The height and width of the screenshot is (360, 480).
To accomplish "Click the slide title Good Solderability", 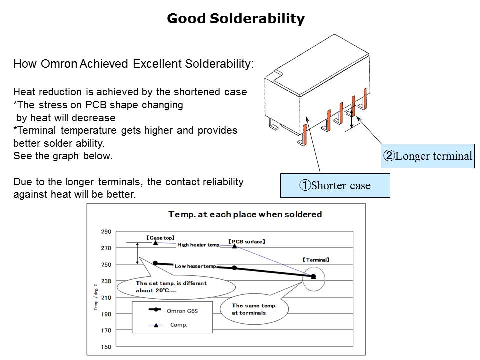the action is [x=236, y=19].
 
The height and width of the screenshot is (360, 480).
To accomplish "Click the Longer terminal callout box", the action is [x=427, y=156].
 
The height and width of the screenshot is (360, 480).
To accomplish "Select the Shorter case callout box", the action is [x=335, y=185].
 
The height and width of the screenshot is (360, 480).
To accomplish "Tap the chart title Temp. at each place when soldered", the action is [x=245, y=214].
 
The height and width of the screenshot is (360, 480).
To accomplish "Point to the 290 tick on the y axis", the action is [x=106, y=231].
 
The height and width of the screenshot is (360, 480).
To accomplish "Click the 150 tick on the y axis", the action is [x=106, y=347].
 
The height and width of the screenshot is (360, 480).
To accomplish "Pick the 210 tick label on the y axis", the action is [x=106, y=297].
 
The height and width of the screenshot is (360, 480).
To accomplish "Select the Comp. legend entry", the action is [x=168, y=325].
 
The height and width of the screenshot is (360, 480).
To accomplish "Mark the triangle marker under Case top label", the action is [x=155, y=243].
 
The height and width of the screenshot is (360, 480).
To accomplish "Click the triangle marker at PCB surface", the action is [x=234, y=246].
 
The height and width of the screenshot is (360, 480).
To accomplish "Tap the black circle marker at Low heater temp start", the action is [x=155, y=263].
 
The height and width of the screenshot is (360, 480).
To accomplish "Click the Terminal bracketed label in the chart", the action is [x=316, y=260].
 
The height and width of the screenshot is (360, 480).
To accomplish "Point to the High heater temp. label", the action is [x=199, y=245].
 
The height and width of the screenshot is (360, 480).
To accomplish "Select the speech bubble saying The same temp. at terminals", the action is [x=254, y=309].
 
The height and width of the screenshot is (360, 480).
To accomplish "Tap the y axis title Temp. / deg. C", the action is [x=96, y=297].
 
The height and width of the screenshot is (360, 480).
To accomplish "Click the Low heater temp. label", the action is [x=195, y=266].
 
